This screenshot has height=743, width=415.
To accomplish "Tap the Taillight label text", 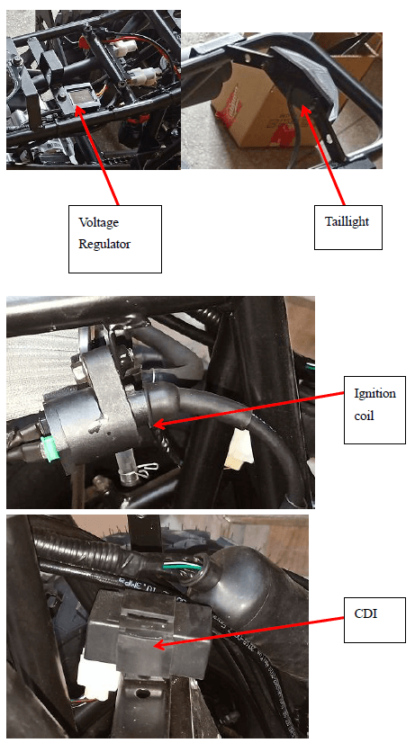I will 346,219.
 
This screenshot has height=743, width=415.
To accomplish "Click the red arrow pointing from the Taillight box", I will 325,154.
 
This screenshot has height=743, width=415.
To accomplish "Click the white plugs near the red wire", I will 144,76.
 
